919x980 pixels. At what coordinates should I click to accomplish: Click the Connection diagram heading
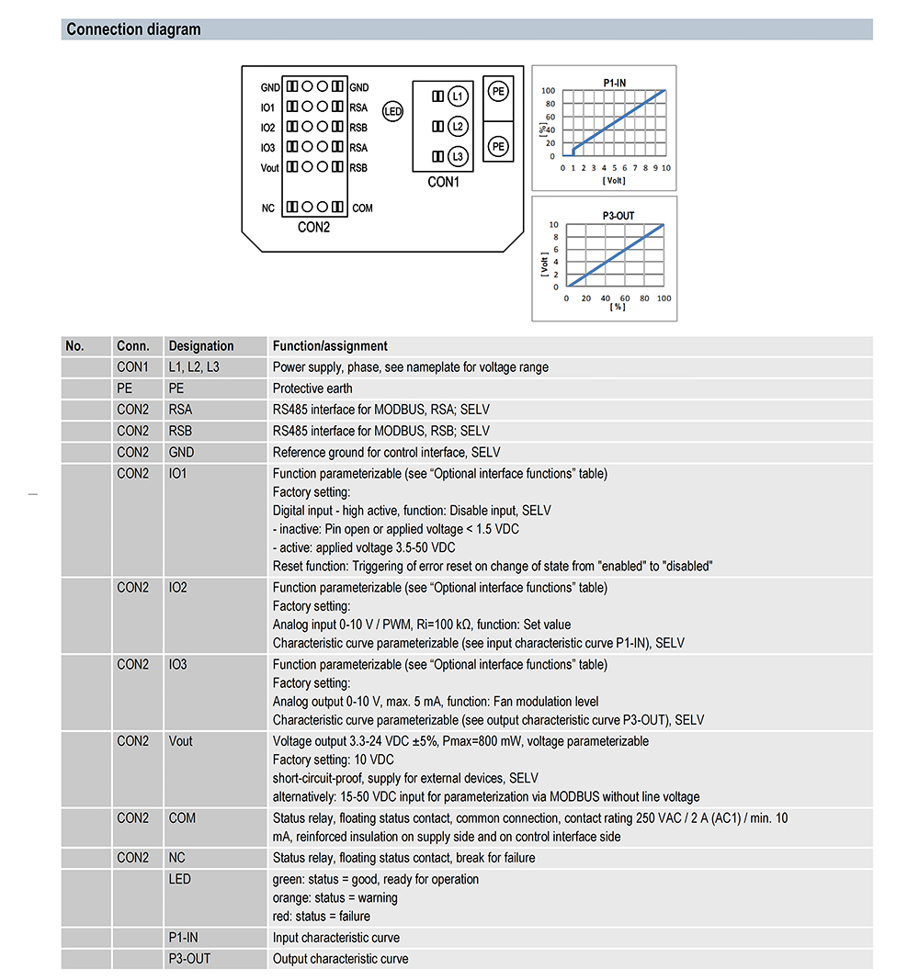[x=133, y=29]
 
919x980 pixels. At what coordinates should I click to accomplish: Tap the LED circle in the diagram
[x=392, y=113]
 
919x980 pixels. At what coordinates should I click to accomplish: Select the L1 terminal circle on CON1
[x=458, y=96]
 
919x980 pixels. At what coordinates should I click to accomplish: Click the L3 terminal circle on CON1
[x=458, y=157]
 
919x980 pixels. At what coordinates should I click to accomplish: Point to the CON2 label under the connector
[x=313, y=228]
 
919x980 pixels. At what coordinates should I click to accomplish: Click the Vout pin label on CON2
[x=269, y=168]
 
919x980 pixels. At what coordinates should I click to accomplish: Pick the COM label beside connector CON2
[x=362, y=208]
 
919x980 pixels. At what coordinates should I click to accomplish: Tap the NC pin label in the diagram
[x=267, y=208]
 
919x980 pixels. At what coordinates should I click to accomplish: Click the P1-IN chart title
[x=615, y=83]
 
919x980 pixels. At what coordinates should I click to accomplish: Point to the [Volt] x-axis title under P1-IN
[x=614, y=181]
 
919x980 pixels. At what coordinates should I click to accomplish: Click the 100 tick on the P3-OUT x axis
[x=664, y=299]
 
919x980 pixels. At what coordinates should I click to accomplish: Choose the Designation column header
[x=201, y=346]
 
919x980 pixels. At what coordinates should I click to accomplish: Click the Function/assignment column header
[x=330, y=346]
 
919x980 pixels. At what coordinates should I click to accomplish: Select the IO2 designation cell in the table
[x=178, y=587]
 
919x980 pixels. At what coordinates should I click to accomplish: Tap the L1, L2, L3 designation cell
[x=194, y=367]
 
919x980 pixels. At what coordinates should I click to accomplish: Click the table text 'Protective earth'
[x=312, y=389]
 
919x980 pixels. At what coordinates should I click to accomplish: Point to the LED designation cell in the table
[x=180, y=879]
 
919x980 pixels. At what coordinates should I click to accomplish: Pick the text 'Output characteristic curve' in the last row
[x=340, y=959]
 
